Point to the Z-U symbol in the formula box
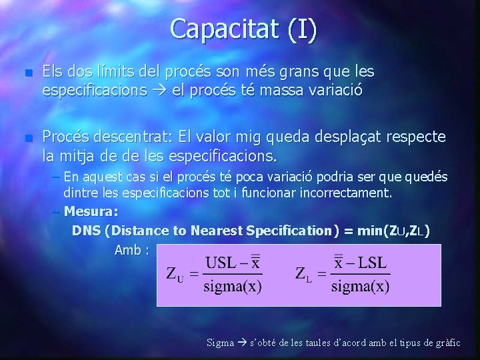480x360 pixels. click(173, 275)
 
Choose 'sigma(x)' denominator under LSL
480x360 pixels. click(360, 287)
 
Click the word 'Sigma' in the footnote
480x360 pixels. click(220, 343)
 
